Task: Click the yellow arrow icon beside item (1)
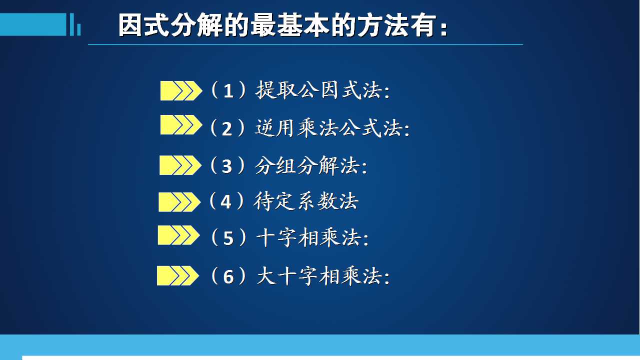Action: [181, 91]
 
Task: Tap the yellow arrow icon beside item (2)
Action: [181, 125]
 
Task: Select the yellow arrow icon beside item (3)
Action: [180, 165]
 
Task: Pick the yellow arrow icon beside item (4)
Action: [179, 202]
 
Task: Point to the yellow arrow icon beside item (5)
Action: [178, 235]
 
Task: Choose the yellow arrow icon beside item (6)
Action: [177, 275]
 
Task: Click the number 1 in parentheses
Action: [228, 91]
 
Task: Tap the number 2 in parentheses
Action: [227, 129]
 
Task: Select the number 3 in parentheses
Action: [227, 166]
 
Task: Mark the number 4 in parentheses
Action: [226, 201]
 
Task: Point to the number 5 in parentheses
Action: [228, 238]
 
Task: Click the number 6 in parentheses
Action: [228, 277]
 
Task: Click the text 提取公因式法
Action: [318, 90]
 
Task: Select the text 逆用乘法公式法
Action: [329, 128]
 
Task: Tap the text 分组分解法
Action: [307, 165]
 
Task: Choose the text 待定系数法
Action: [306, 201]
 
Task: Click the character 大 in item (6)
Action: [267, 276]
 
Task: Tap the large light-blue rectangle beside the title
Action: [33, 24]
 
